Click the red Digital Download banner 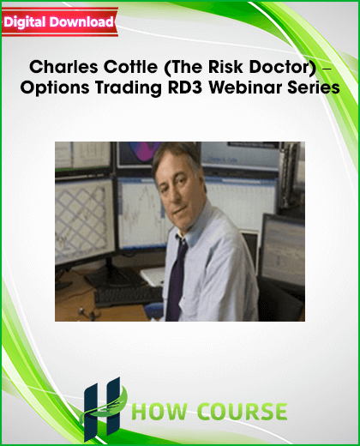pyautogui.click(x=60, y=22)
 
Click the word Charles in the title pyautogui.click(x=63, y=67)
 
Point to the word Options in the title pyautogui.click(x=55, y=87)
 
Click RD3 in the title pyautogui.click(x=185, y=87)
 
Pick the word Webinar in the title pyautogui.click(x=245, y=87)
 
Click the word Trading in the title pyautogui.click(x=129, y=87)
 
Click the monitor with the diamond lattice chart pyautogui.click(x=85, y=221)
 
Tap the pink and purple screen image pyautogui.click(x=138, y=154)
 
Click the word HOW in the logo pyautogui.click(x=160, y=412)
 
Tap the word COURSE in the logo pyautogui.click(x=242, y=412)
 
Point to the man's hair pyautogui.click(x=176, y=156)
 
